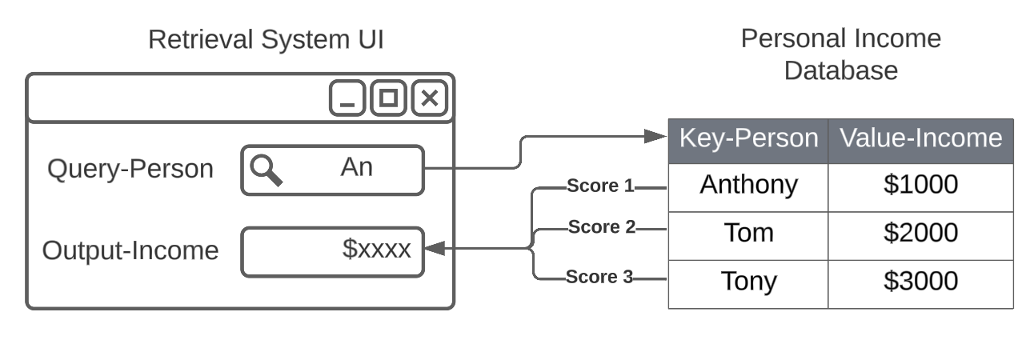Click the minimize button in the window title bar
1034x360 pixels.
(x=347, y=98)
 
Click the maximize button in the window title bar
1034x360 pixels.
(x=388, y=98)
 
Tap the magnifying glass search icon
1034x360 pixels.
(x=266, y=170)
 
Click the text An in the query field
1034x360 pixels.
(x=357, y=167)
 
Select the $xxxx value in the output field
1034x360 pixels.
(x=376, y=249)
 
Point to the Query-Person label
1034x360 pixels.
(x=130, y=169)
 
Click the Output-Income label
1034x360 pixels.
(x=130, y=250)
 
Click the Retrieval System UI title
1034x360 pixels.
(x=266, y=39)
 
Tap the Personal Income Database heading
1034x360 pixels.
(x=840, y=54)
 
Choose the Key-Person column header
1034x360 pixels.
(x=748, y=138)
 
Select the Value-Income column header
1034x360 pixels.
(x=920, y=138)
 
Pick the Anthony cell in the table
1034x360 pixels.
(x=748, y=185)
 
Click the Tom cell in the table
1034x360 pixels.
(x=748, y=233)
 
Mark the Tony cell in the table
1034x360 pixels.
(x=748, y=282)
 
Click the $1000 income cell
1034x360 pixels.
(x=920, y=185)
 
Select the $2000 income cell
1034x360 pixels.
(x=920, y=233)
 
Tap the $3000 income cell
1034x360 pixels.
(x=920, y=282)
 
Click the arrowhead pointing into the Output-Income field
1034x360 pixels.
(x=433, y=250)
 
